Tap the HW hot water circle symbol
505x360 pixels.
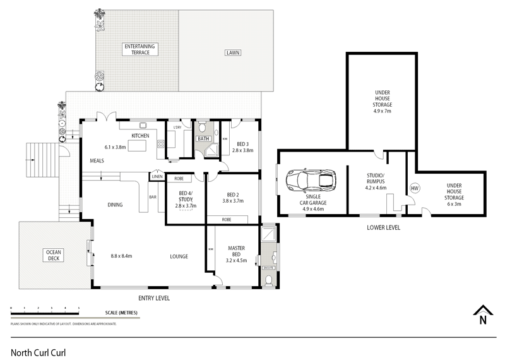click(x=415, y=188)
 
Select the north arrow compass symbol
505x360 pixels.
click(x=482, y=315)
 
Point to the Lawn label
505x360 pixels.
click(x=234, y=52)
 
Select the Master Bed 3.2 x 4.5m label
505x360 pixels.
click(x=236, y=253)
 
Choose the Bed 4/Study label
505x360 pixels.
click(x=186, y=199)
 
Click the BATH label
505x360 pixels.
click(x=203, y=139)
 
